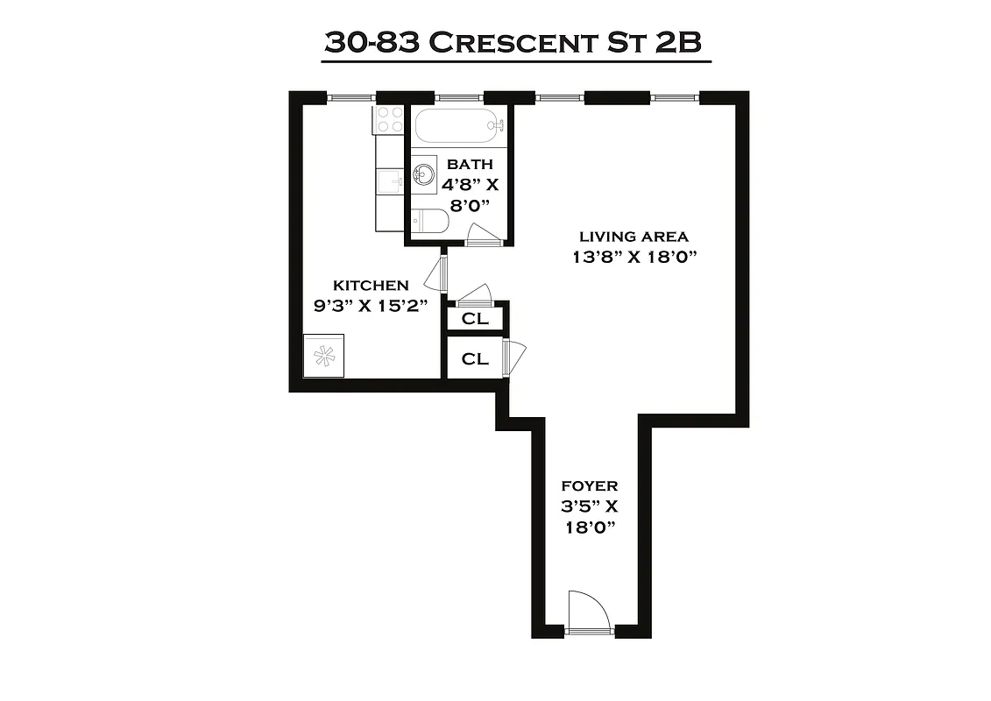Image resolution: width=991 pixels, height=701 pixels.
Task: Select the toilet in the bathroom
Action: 428,223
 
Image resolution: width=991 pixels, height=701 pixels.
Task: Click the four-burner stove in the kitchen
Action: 388,120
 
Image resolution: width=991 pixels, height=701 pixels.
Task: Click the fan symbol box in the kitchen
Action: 324,356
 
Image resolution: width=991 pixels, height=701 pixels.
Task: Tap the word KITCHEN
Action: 371,286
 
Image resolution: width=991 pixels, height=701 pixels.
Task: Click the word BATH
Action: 470,164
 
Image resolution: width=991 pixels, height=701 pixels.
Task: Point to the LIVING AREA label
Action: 634,237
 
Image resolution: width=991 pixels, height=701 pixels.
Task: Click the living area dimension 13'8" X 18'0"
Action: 634,258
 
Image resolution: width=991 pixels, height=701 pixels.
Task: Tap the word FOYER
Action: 589,485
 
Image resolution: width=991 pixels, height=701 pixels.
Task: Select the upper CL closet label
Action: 475,318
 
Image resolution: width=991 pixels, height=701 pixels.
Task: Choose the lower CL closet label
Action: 475,358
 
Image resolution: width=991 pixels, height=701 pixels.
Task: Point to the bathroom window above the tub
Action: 459,97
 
